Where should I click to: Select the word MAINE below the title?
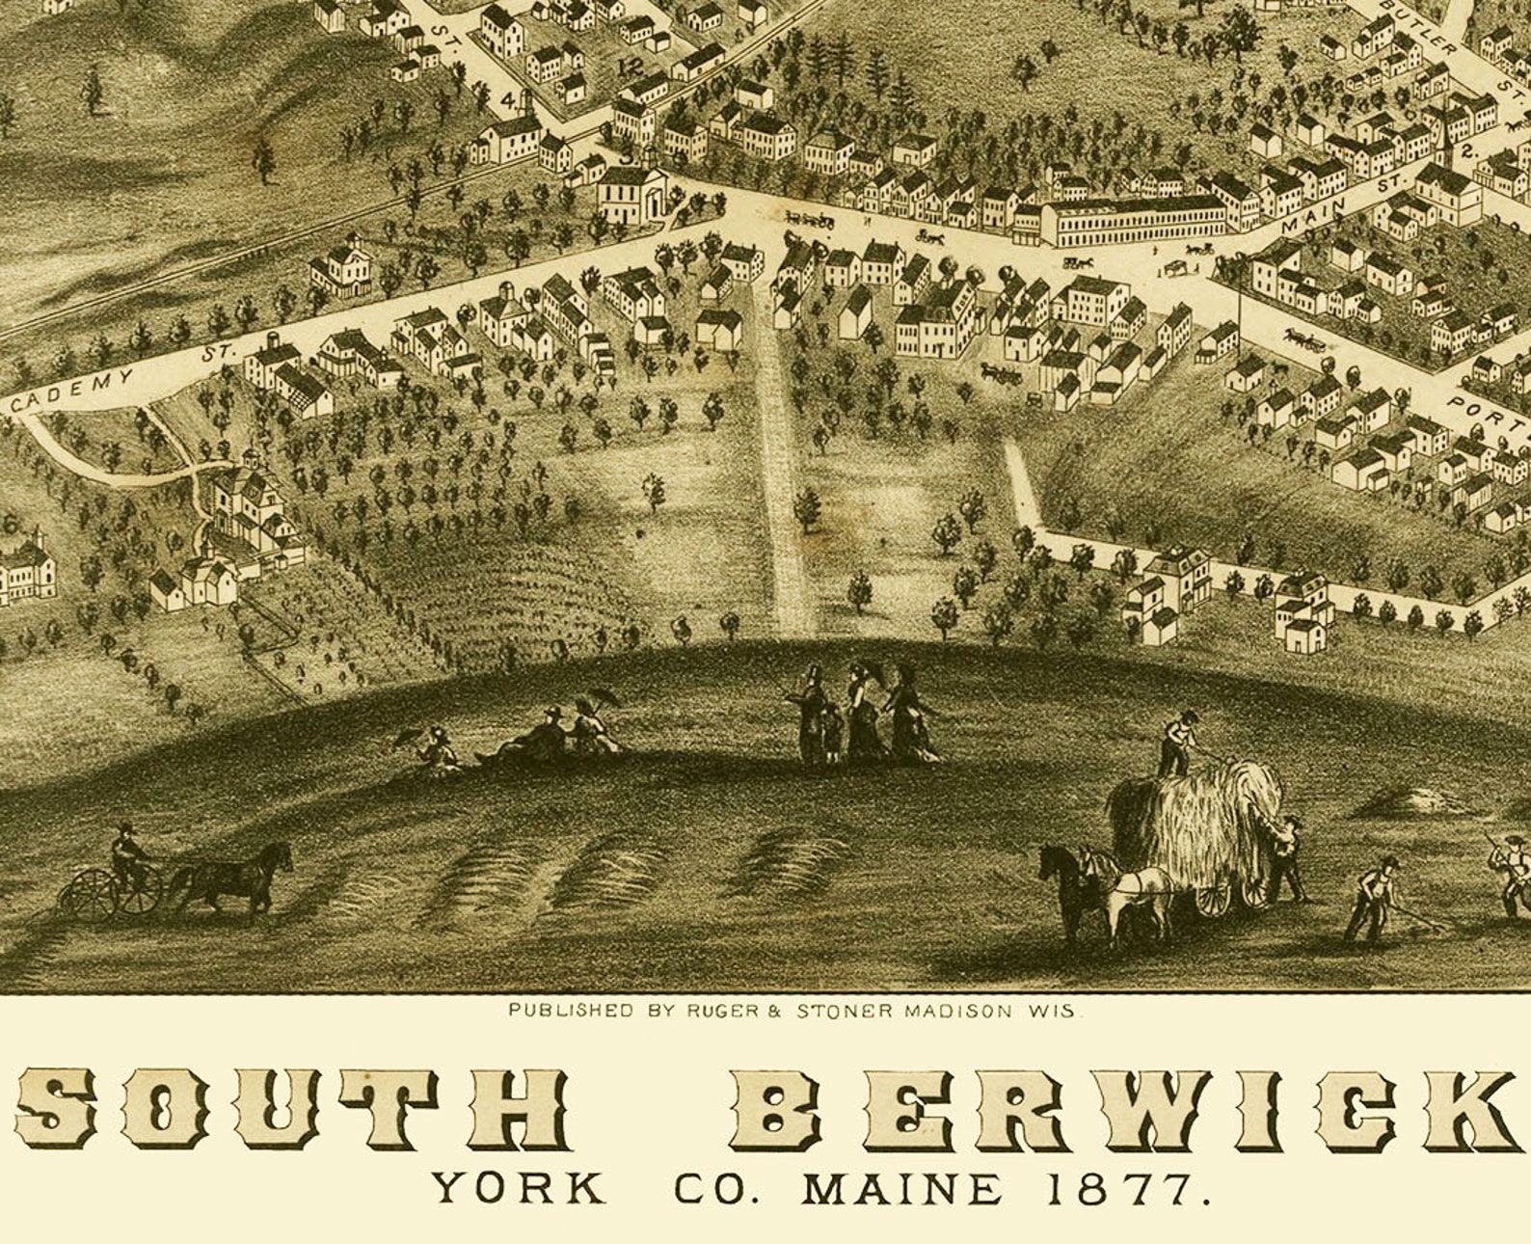tap(902, 1189)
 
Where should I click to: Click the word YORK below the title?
tap(518, 1188)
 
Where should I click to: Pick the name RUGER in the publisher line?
tap(714, 1012)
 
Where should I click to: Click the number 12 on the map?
tap(631, 68)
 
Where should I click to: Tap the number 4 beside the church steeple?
tap(508, 98)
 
